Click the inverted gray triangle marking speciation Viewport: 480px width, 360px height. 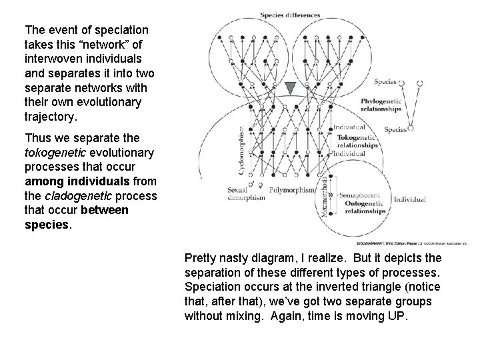point(290,88)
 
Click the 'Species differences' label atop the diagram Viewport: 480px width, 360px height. point(290,15)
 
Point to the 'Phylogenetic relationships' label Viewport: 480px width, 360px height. point(381,104)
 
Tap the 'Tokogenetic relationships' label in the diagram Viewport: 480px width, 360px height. point(359,141)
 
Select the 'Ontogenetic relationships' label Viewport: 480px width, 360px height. point(363,206)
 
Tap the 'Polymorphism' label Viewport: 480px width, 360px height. point(291,189)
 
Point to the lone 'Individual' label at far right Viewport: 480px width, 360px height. point(409,199)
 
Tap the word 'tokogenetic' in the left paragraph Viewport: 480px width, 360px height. point(53,153)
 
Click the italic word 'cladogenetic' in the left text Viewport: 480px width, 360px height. point(73,195)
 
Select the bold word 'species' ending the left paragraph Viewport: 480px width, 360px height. point(46,225)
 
